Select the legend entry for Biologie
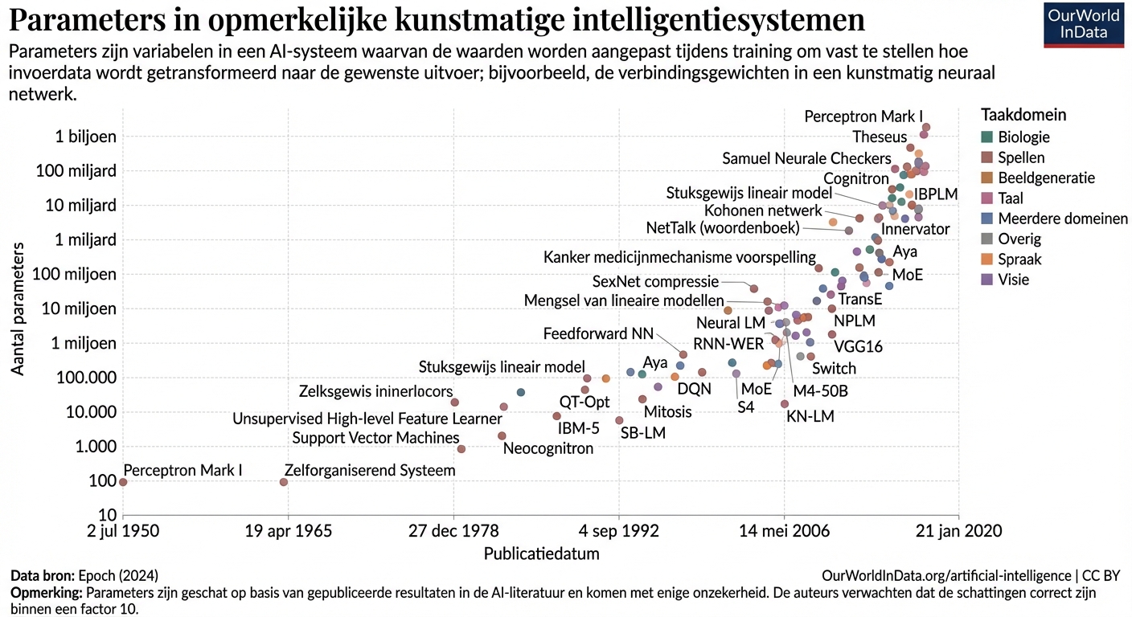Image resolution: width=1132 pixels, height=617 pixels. click(x=1023, y=137)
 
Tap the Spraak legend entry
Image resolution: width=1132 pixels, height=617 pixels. click(x=1019, y=259)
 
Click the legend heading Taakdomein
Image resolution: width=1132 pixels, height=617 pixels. click(x=1023, y=115)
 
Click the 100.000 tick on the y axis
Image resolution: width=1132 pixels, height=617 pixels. click(x=84, y=378)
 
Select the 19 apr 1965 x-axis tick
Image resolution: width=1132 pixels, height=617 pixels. click(x=288, y=531)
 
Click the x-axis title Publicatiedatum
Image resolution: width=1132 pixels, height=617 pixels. click(x=541, y=554)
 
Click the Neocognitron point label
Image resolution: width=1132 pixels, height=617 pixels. click(x=548, y=448)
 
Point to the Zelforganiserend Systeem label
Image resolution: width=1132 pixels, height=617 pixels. click(x=370, y=470)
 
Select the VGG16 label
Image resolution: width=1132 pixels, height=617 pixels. click(x=858, y=347)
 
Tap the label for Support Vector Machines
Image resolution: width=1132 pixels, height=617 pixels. click(x=375, y=438)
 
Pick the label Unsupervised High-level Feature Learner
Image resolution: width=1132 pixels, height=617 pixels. click(x=367, y=419)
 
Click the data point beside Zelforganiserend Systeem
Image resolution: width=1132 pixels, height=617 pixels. click(x=284, y=482)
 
